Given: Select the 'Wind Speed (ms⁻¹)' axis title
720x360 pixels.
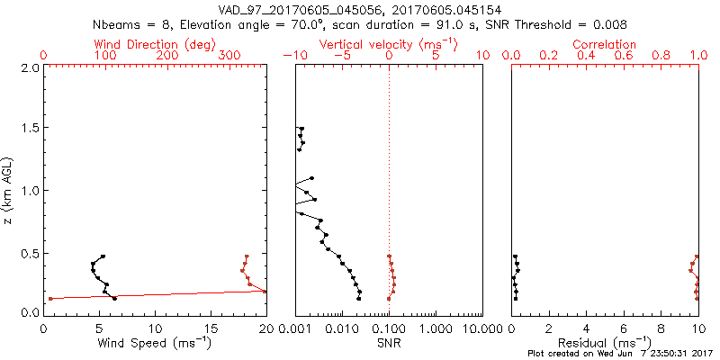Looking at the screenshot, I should coord(156,342).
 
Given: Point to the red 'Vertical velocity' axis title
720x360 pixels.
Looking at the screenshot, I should coord(388,44).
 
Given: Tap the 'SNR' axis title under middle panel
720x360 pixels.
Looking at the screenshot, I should coord(389,342).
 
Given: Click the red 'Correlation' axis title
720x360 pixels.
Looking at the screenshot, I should coord(605,44).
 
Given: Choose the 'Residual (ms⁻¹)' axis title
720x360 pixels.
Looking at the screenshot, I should coord(605,342).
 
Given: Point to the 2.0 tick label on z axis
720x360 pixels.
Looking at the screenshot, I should coord(29,67).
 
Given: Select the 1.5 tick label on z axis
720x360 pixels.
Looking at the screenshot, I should coord(29,129).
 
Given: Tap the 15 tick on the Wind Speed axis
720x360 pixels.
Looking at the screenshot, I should coord(211,327).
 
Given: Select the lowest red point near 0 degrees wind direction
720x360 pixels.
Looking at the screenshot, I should coord(50,298).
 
